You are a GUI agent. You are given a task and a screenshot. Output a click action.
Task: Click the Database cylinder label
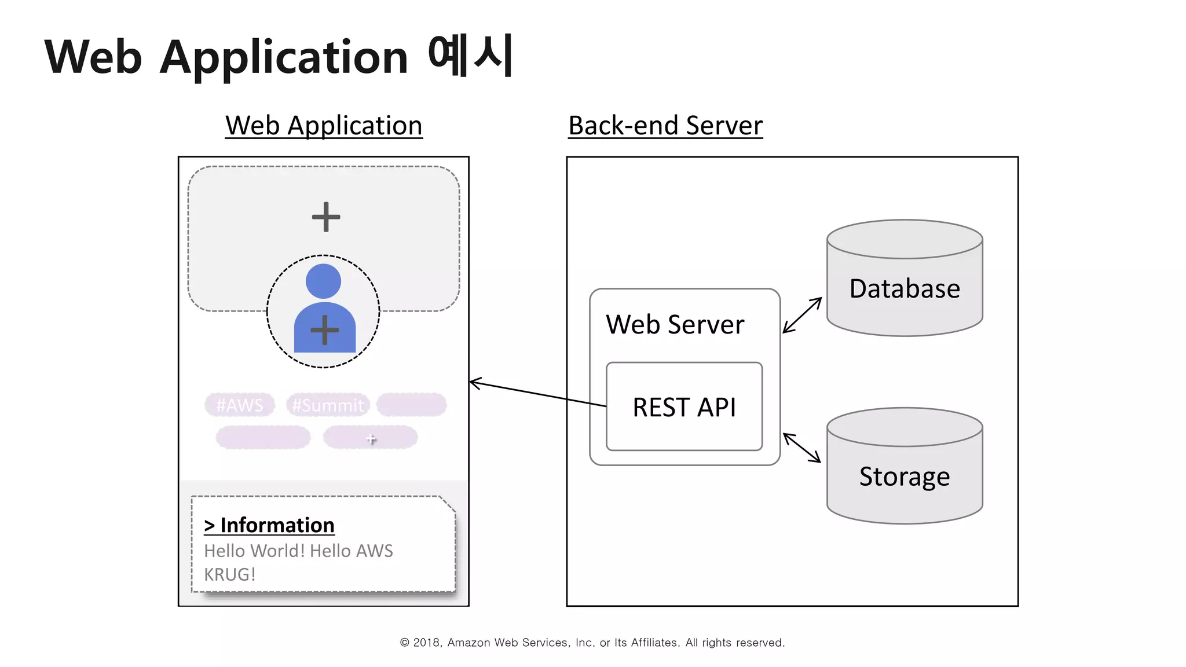pyautogui.click(x=905, y=288)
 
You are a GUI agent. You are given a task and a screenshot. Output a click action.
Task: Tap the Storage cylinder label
pyautogui.click(x=905, y=477)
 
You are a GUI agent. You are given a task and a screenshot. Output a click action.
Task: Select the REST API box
pyautogui.click(x=684, y=407)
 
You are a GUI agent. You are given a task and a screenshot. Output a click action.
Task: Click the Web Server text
pyautogui.click(x=675, y=324)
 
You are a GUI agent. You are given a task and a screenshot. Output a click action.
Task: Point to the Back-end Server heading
pyautogui.click(x=665, y=126)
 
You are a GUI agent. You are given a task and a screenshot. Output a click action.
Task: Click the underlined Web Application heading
pyautogui.click(x=324, y=126)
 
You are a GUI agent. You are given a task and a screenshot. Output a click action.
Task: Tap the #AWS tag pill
pyautogui.click(x=240, y=405)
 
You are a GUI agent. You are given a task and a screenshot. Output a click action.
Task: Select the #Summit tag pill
pyautogui.click(x=328, y=405)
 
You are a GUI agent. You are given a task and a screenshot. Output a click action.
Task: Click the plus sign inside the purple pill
pyautogui.click(x=371, y=439)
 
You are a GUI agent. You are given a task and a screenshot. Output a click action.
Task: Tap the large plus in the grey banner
pyautogui.click(x=326, y=217)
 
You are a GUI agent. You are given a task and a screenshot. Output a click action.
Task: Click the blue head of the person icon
pyautogui.click(x=323, y=281)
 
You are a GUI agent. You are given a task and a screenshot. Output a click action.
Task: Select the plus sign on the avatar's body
pyautogui.click(x=325, y=330)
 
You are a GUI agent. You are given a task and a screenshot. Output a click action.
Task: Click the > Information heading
pyautogui.click(x=269, y=525)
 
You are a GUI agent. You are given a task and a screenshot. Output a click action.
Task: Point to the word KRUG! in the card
pyautogui.click(x=229, y=574)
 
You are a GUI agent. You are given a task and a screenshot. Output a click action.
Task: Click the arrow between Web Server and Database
pyautogui.click(x=802, y=315)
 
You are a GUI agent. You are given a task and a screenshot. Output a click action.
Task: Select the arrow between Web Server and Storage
pyautogui.click(x=802, y=448)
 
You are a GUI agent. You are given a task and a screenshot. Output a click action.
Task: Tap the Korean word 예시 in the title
pyautogui.click(x=470, y=56)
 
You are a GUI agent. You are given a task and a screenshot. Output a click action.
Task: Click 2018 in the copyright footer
pyautogui.click(x=427, y=643)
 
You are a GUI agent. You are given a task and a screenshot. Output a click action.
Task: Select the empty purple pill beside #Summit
pyautogui.click(x=411, y=405)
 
